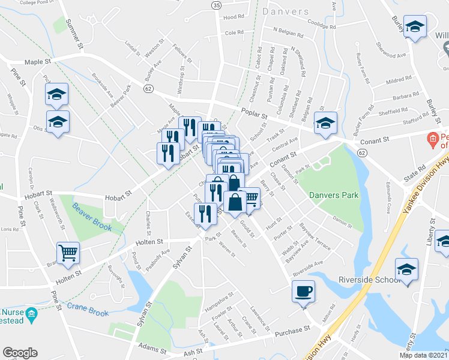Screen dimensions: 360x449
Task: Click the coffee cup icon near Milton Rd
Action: pos(303,292)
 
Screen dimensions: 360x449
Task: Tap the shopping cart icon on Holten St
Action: pos(68,253)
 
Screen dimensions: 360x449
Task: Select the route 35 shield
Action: pos(217,4)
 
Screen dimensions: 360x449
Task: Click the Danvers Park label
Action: pos(334,195)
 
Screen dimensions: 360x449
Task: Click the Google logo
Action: pos(20,353)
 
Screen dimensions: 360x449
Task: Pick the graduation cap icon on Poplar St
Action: pos(325,124)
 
